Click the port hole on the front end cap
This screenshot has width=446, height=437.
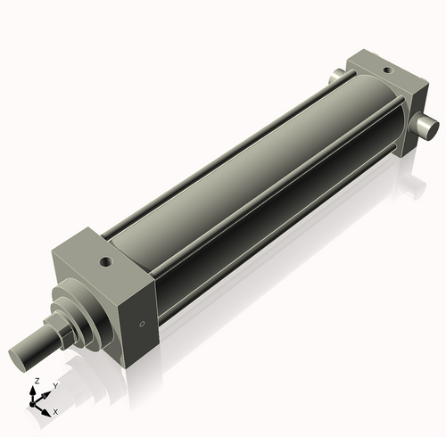click(106, 263)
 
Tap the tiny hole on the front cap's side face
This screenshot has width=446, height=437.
click(141, 323)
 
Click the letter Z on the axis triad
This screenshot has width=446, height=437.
click(36, 380)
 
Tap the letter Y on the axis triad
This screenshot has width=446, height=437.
click(54, 385)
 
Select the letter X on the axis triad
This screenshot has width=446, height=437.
click(55, 412)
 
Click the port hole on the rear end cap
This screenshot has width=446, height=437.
click(385, 68)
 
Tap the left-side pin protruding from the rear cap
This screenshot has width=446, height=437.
click(337, 77)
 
